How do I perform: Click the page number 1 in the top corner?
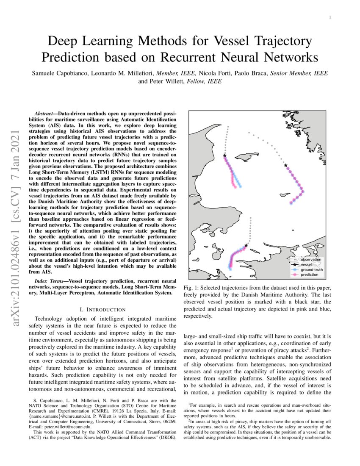pyautogui.click(x=329, y=17)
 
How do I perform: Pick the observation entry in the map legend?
pyautogui.click(x=310, y=259)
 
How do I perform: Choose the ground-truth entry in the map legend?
pyautogui.click(x=312, y=269)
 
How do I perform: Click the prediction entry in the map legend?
pyautogui.click(x=310, y=275)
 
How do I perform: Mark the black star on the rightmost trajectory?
pyautogui.click(x=285, y=165)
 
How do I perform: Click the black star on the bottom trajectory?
pyautogui.click(x=246, y=245)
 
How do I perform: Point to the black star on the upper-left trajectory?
pyautogui.click(x=224, y=155)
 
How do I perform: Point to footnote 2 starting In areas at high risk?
pyautogui.click(x=258, y=422)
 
